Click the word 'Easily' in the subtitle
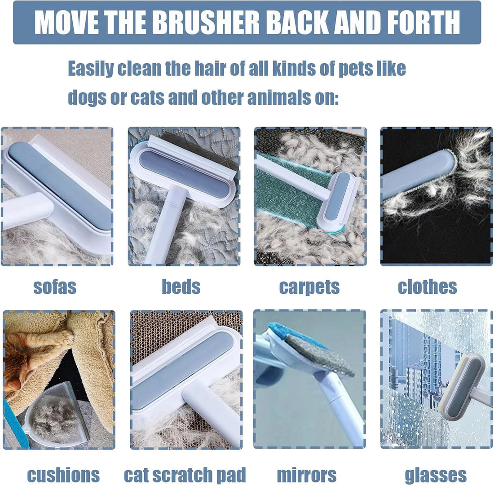coord(91,69)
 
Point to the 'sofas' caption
coord(55,287)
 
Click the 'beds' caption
coord(181,287)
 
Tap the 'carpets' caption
coord(309,287)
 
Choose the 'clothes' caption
coord(427,287)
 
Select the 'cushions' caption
coord(63,475)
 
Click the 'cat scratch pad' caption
coord(185,475)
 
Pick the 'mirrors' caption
coord(306,475)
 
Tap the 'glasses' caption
coord(436,475)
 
